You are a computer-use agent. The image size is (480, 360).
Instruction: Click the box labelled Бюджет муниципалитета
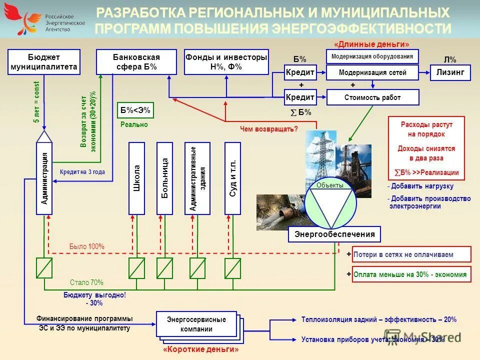pyautogui.click(x=44, y=62)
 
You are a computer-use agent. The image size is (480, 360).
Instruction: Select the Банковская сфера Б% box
pyautogui.click(x=136, y=62)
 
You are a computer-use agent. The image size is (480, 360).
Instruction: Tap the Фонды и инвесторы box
pyautogui.click(x=226, y=62)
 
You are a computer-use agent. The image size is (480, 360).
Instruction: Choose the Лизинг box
pyautogui.click(x=450, y=72)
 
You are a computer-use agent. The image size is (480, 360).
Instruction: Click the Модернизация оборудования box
pyautogui.click(x=372, y=56)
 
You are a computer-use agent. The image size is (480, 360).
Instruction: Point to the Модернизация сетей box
pyautogui.click(x=372, y=73)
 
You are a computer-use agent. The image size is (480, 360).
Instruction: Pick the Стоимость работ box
pyautogui.click(x=372, y=97)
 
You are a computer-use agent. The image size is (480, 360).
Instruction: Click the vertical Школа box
pyautogui.click(x=136, y=178)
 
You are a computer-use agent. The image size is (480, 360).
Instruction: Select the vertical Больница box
pyautogui.click(x=164, y=178)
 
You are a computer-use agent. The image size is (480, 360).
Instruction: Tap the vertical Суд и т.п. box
pyautogui.click(x=232, y=178)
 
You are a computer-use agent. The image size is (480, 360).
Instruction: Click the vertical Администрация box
pyautogui.click(x=44, y=178)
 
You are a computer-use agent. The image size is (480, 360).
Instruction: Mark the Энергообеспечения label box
pyautogui.click(x=334, y=234)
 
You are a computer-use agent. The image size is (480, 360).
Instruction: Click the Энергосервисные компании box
pyautogui.click(x=196, y=324)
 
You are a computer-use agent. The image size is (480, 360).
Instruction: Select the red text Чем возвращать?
pyautogui.click(x=268, y=129)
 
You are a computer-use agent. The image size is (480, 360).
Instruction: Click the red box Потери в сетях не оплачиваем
pyautogui.click(x=411, y=254)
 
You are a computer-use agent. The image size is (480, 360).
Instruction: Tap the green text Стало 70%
pyautogui.click(x=86, y=282)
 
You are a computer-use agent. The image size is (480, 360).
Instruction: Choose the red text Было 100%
pyautogui.click(x=86, y=246)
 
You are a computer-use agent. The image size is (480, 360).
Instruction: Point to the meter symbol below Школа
pyautogui.click(x=136, y=268)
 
